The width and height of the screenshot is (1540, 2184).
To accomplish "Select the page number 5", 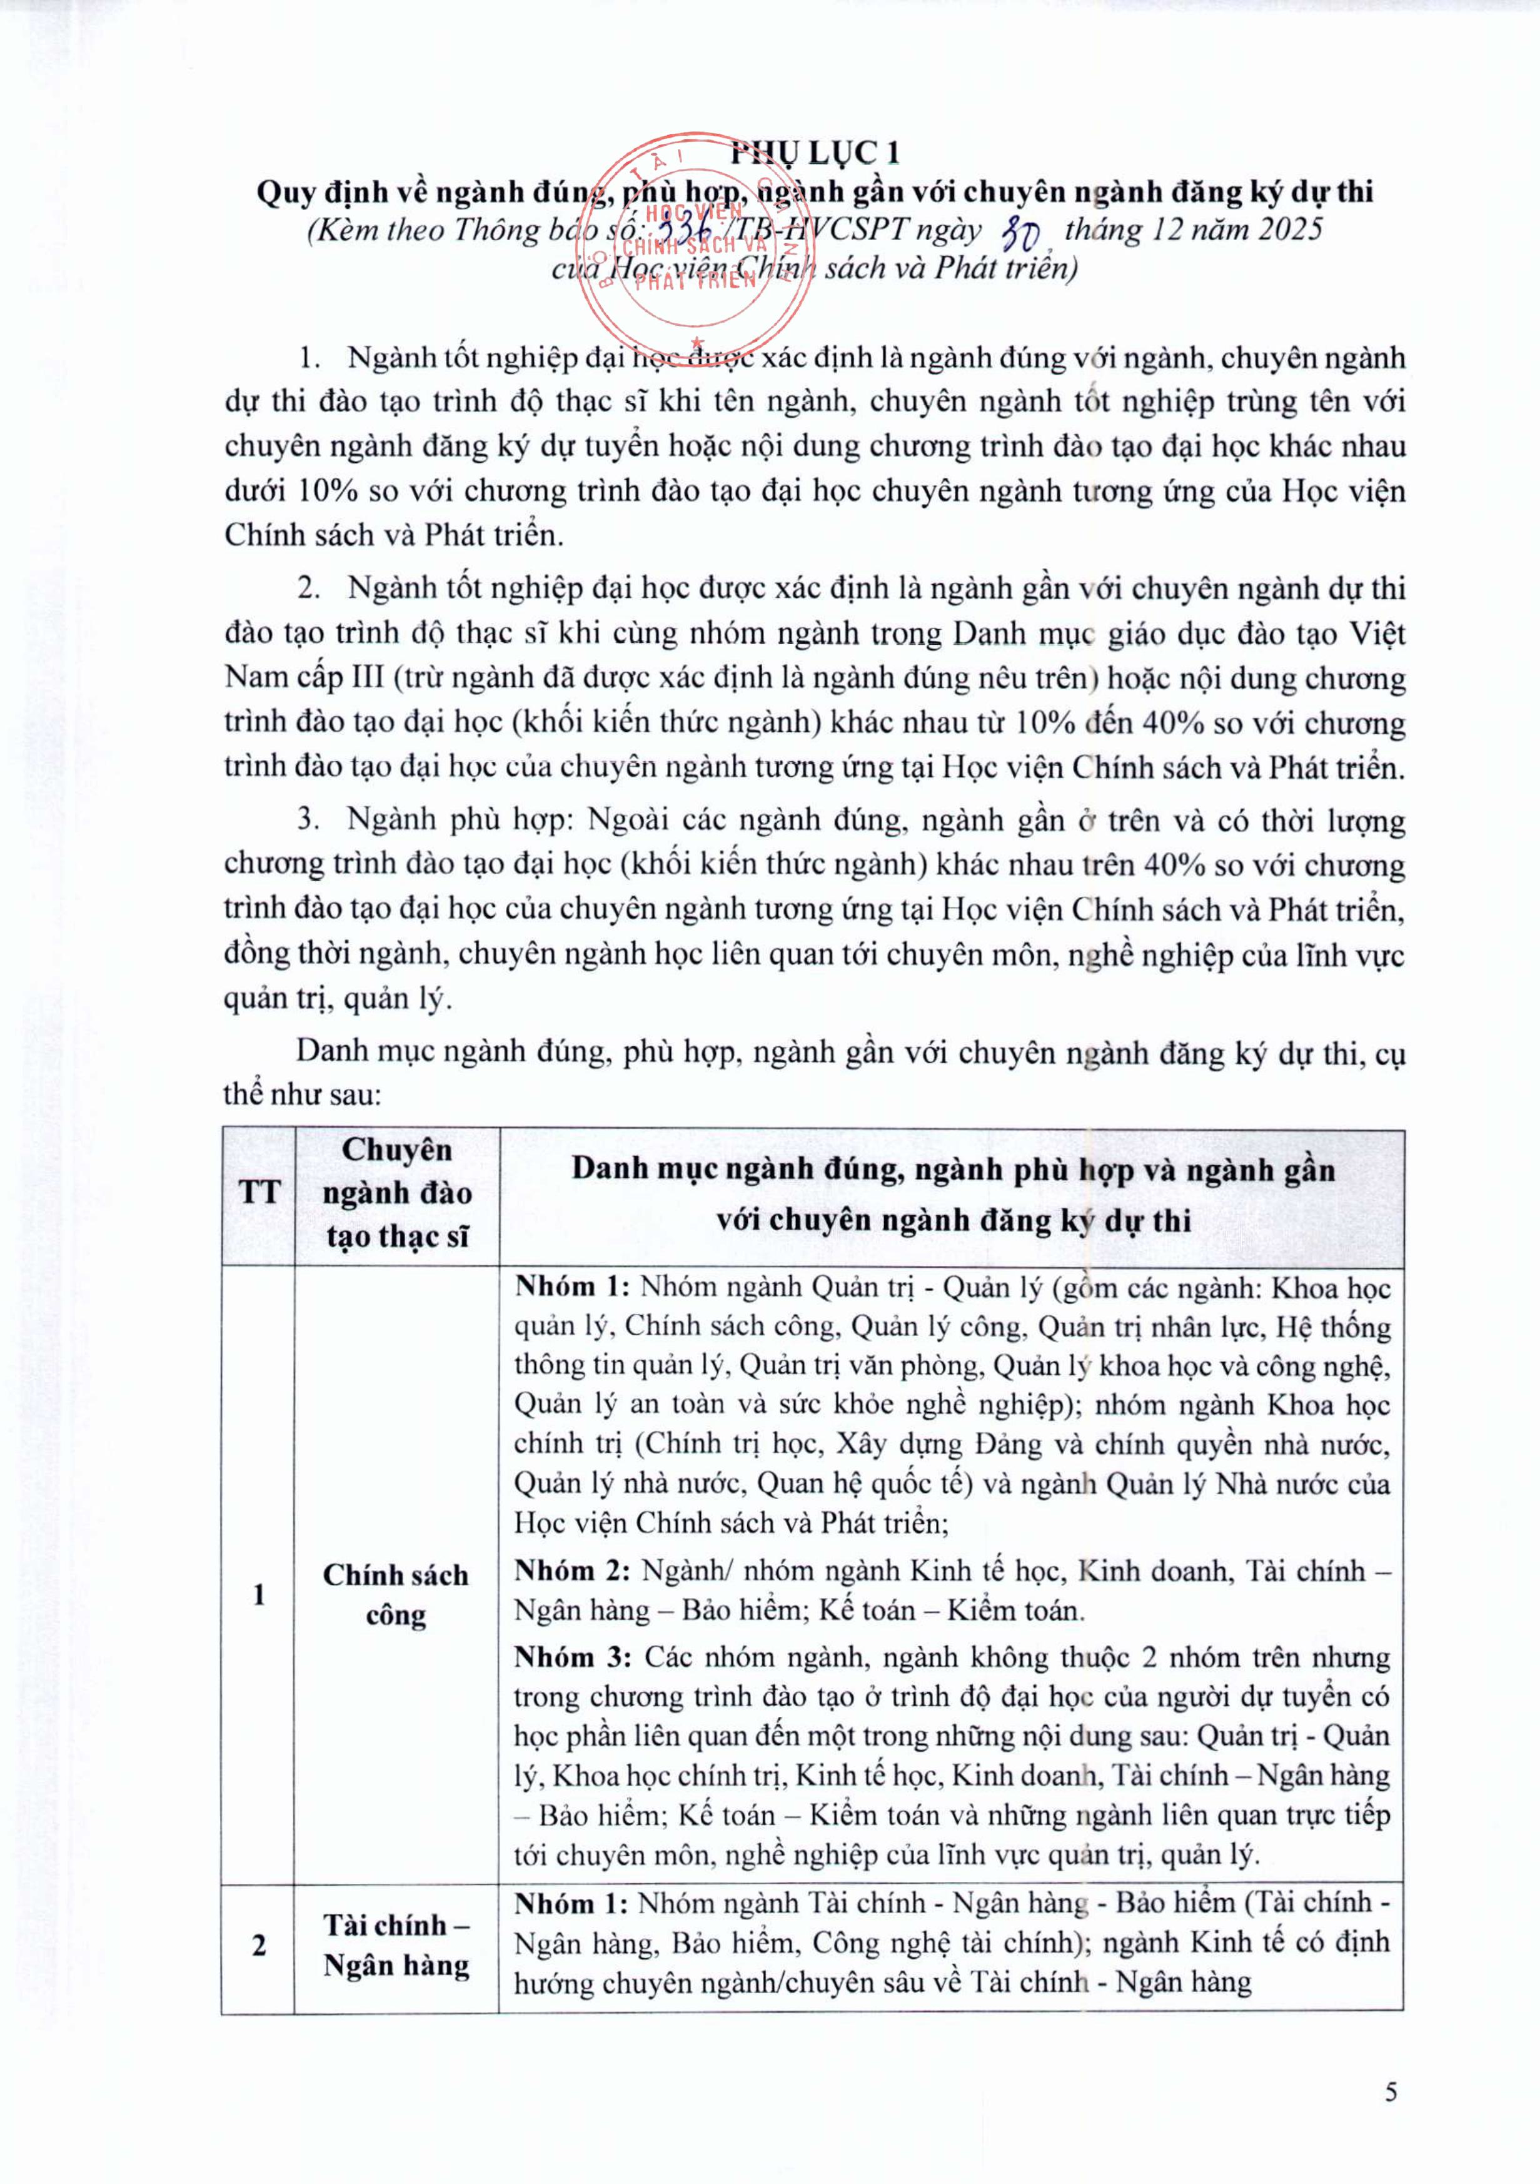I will pos(1391,2091).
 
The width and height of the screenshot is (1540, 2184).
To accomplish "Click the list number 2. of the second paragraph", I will pos(309,589).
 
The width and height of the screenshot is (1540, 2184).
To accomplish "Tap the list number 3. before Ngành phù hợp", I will pos(309,820).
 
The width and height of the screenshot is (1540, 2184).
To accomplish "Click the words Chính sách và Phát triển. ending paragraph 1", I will pos(394,535).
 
